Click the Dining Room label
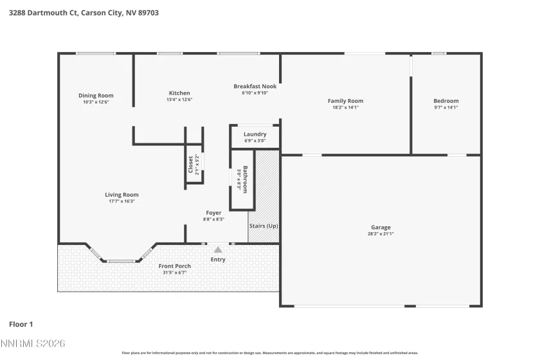click(96, 96)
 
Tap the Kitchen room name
click(179, 93)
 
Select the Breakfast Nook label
click(255, 86)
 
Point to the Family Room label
click(345, 101)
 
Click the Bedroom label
click(446, 101)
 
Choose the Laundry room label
click(255, 134)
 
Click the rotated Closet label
click(191, 165)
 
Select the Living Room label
click(122, 195)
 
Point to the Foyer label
click(213, 213)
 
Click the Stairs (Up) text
click(264, 226)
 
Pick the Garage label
click(381, 228)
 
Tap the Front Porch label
click(174, 266)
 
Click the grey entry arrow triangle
click(218, 249)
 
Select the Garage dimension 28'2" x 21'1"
click(381, 234)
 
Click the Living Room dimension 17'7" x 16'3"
click(122, 201)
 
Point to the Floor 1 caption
click(21, 324)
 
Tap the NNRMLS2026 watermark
click(33, 345)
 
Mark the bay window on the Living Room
click(120, 260)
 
